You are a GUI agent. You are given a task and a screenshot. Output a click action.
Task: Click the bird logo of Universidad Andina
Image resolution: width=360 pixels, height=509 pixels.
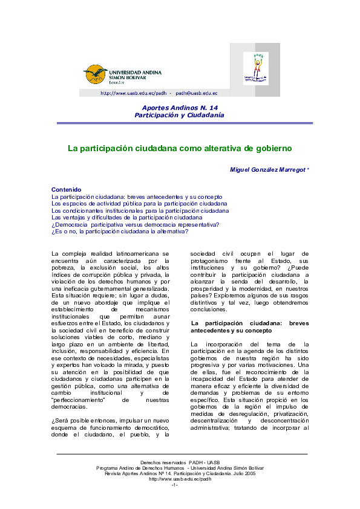pyautogui.click(x=95, y=74)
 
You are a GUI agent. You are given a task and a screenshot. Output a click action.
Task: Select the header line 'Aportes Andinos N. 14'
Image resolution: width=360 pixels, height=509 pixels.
pyautogui.click(x=179, y=107)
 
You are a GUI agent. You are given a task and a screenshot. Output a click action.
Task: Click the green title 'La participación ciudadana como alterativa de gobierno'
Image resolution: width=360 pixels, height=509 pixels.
pyautogui.click(x=180, y=148)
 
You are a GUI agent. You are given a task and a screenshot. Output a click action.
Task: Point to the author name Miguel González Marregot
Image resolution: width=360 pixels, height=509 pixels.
pyautogui.click(x=269, y=169)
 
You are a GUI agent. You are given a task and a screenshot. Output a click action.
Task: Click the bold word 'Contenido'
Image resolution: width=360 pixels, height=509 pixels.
pyautogui.click(x=67, y=190)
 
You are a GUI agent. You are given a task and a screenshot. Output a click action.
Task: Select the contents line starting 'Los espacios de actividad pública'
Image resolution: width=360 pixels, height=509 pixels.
pyautogui.click(x=139, y=204)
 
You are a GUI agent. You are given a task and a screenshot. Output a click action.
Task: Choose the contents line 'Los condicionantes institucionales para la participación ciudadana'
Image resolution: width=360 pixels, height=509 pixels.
pyautogui.click(x=140, y=210)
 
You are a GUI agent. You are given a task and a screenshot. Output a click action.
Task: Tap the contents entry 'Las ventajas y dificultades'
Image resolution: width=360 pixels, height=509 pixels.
pyautogui.click(x=127, y=217)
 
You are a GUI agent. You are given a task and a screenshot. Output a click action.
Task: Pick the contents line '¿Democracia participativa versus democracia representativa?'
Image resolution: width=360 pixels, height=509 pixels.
pyautogui.click(x=135, y=224)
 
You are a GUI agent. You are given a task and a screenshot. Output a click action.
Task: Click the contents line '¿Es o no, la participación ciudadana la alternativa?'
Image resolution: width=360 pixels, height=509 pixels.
pyautogui.click(x=120, y=231)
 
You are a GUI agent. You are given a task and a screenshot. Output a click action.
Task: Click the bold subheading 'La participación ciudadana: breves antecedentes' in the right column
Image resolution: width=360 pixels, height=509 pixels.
pyautogui.click(x=249, y=326)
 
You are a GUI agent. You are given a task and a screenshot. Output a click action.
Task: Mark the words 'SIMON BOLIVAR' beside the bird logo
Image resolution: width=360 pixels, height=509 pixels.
pyautogui.click(x=125, y=78)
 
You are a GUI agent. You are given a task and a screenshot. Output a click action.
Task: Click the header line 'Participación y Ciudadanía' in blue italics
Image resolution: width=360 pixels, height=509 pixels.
pyautogui.click(x=179, y=114)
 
